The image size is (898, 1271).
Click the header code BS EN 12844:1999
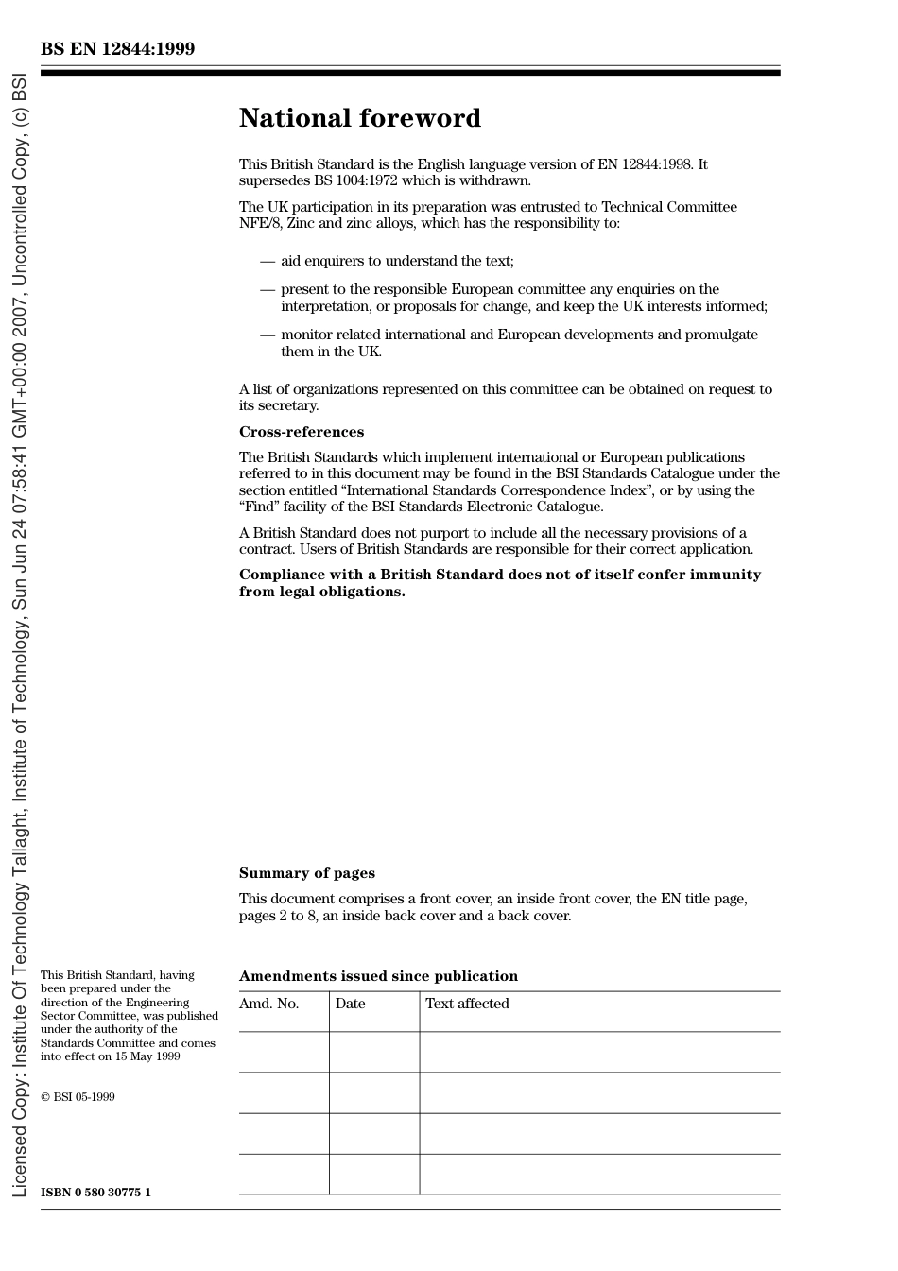click(x=117, y=49)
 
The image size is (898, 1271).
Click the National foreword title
click(x=359, y=118)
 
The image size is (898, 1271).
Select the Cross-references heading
click(x=301, y=432)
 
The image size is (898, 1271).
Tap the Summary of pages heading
click(x=306, y=873)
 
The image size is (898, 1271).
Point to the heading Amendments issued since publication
click(x=378, y=976)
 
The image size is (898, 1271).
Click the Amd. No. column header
click(x=268, y=1004)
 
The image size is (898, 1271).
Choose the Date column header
click(x=350, y=1004)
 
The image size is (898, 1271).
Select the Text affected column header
click(x=467, y=1004)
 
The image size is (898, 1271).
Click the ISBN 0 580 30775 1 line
click(x=95, y=1193)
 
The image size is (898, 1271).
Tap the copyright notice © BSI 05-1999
click(x=78, y=1097)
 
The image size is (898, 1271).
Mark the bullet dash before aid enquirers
click(x=268, y=261)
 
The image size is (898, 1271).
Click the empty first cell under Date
click(x=374, y=1052)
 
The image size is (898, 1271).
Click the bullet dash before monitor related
click(x=268, y=335)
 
